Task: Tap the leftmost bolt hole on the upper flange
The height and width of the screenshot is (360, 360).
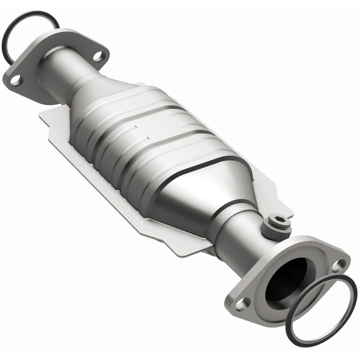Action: [15, 81]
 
